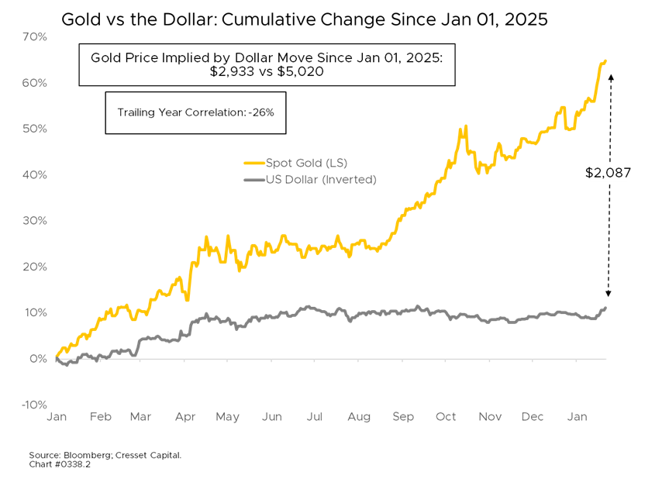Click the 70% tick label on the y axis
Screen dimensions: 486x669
click(36, 36)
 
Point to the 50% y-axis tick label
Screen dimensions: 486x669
click(36, 129)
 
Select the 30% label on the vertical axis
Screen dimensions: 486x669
click(36, 220)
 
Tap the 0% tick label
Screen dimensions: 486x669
click(39, 359)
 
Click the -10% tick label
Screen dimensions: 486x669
click(34, 405)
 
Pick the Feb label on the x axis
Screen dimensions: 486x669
click(100, 417)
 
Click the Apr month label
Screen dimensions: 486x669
click(185, 417)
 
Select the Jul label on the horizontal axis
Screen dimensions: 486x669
click(315, 417)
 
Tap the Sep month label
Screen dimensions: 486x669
click(403, 417)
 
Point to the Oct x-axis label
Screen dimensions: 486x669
click(446, 417)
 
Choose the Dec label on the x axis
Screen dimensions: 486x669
click(533, 417)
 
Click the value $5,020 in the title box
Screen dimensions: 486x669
click(298, 71)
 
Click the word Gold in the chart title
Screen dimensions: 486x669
click(107, 57)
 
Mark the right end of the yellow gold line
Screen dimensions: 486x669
click(605, 60)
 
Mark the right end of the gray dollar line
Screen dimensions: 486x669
click(605, 308)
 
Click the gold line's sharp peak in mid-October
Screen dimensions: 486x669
click(464, 126)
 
